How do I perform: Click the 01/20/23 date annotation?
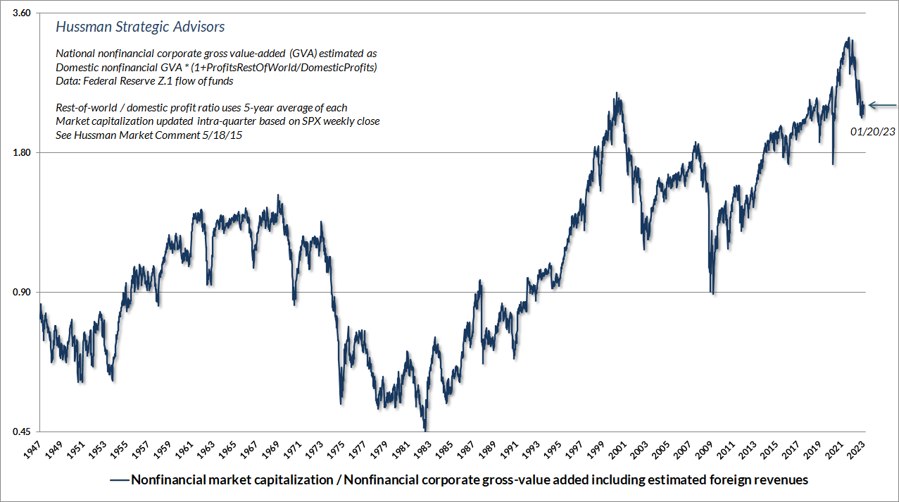click(872, 132)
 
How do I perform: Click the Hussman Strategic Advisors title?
click(140, 27)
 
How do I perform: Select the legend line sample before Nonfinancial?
click(119, 480)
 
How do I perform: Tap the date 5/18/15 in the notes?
click(222, 135)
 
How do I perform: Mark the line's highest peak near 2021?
click(849, 38)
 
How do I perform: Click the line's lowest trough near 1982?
click(425, 429)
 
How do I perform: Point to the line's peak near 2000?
click(617, 93)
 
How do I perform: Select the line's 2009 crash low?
click(712, 293)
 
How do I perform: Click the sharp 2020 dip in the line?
click(833, 164)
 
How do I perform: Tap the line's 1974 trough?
click(341, 403)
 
